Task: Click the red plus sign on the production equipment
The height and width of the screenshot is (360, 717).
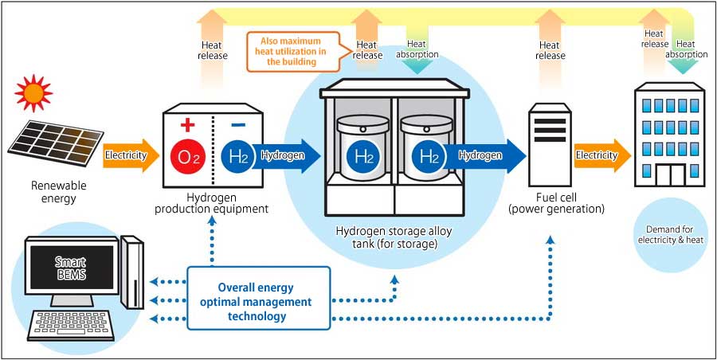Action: pyautogui.click(x=189, y=124)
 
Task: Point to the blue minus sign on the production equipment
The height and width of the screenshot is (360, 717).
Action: pyautogui.click(x=237, y=125)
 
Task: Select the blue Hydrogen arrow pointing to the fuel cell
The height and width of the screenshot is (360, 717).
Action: pyautogui.click(x=486, y=155)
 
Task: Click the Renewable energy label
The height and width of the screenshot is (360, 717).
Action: pyautogui.click(x=54, y=192)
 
